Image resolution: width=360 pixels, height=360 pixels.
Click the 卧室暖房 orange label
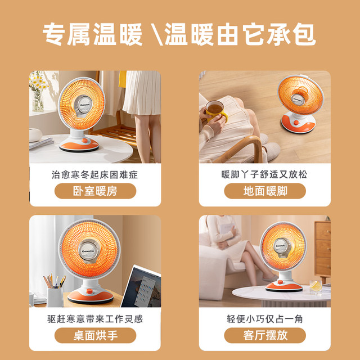(x=95, y=191)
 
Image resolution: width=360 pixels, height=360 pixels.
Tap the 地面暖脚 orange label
(x=265, y=191)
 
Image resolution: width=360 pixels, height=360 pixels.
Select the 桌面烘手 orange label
(x=95, y=336)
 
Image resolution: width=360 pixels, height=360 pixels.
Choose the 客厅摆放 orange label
(x=265, y=336)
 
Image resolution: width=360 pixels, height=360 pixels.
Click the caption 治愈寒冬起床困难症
(x=95, y=175)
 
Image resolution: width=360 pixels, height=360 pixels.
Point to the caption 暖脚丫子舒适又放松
(x=265, y=175)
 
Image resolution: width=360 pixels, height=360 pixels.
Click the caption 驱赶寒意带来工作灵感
(x=95, y=319)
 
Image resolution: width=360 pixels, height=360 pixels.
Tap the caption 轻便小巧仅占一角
(x=265, y=319)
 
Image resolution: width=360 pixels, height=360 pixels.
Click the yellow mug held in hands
(x=215, y=110)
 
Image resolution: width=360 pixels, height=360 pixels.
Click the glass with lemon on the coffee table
(x=316, y=287)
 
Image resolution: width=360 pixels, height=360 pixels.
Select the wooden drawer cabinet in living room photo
(x=322, y=247)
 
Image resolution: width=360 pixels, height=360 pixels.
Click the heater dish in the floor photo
(x=299, y=94)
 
